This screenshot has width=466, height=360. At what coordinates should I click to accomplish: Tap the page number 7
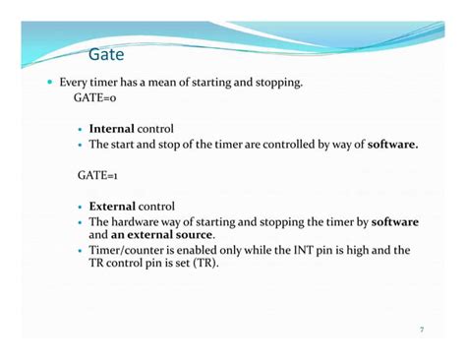coord(422,329)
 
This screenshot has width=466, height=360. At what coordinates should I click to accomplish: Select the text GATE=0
coord(95,99)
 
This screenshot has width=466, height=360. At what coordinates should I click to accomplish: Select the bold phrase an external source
coord(162,236)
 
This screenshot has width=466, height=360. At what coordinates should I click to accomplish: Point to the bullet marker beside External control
coord(81,208)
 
